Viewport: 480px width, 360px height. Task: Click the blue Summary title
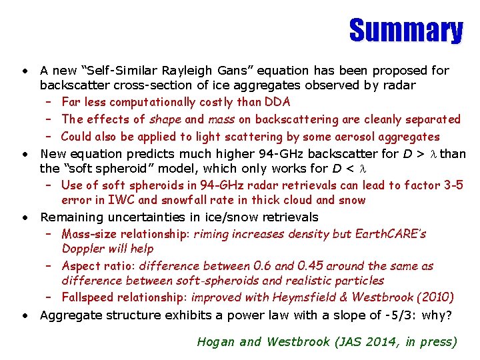tap(405, 31)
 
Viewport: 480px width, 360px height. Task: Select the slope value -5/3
tap(400, 315)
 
